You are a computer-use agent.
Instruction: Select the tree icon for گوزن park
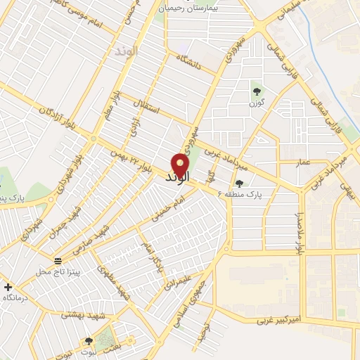click(255, 91)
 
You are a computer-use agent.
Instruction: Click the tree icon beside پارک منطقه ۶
click(239, 182)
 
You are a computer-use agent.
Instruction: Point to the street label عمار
click(302, 162)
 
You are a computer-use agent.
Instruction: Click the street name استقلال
click(150, 112)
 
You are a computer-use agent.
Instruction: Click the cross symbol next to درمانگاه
click(8, 287)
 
